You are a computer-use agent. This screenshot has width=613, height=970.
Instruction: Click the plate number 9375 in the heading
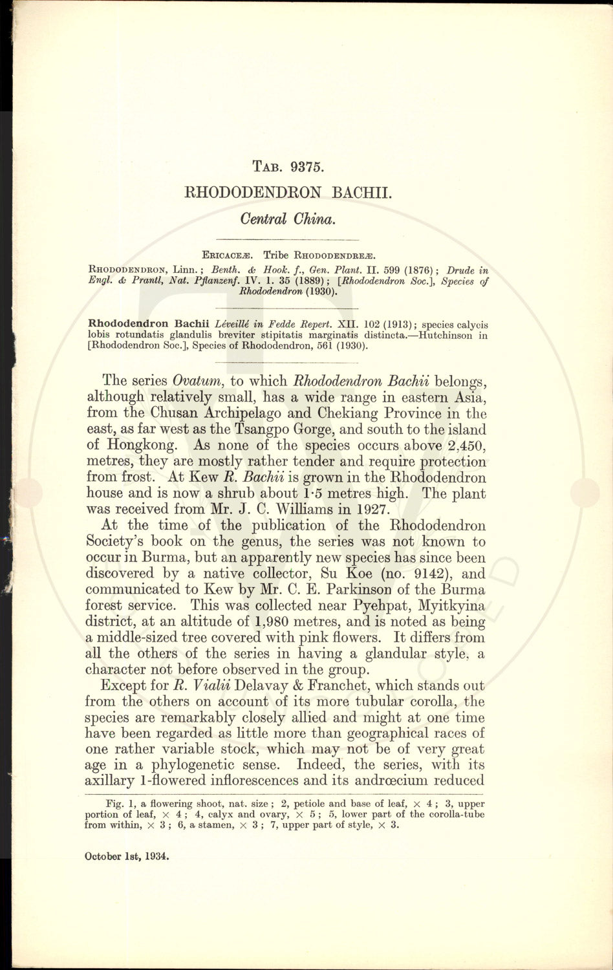[x=306, y=166]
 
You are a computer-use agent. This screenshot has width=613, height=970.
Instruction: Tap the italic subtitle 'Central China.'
[x=287, y=219]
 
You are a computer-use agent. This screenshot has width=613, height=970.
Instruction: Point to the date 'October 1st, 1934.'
[x=127, y=856]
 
